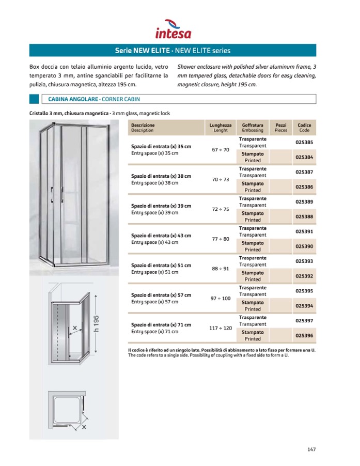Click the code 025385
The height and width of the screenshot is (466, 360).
pos(304,142)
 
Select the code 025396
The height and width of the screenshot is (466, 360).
pos(304,335)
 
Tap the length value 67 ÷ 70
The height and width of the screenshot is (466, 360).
pos(221,150)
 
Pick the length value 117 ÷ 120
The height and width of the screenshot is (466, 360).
pos(221,328)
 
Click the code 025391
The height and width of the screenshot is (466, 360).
pos(304,231)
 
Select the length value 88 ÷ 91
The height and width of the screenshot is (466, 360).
pos(221,269)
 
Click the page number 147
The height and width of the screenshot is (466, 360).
pos(311,449)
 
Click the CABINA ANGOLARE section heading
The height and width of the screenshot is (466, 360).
pos(94,99)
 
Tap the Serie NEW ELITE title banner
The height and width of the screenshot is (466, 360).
pos(173,51)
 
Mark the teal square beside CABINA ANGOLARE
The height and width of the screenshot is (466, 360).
pos(34,99)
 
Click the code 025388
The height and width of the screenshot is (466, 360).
pos(304,216)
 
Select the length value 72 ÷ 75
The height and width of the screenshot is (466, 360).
pos(221,209)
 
